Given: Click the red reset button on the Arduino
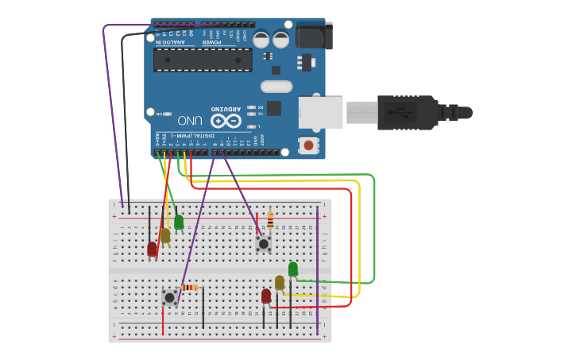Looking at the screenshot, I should tap(308, 145).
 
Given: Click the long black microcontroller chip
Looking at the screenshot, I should tap(203, 60).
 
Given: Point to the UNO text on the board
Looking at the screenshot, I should tap(190, 121).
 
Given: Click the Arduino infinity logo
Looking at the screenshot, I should tap(225, 121).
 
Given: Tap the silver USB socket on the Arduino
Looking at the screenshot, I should tap(320, 112).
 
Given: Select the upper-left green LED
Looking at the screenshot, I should tap(179, 222).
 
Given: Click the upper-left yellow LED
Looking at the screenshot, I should tap(165, 235).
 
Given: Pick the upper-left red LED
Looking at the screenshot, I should tap(153, 249).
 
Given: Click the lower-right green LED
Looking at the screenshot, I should tap(293, 269).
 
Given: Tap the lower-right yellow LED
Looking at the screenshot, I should tap(280, 282).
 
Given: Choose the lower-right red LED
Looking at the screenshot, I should tap(266, 296).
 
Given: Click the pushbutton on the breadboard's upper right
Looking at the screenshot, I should tap(264, 243).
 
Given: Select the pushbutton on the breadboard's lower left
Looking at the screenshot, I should tap(169, 297).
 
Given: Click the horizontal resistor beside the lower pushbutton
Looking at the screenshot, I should tap(189, 287).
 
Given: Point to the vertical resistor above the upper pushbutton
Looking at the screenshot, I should tap(270, 219).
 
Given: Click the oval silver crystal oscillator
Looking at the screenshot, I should tap(276, 87).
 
